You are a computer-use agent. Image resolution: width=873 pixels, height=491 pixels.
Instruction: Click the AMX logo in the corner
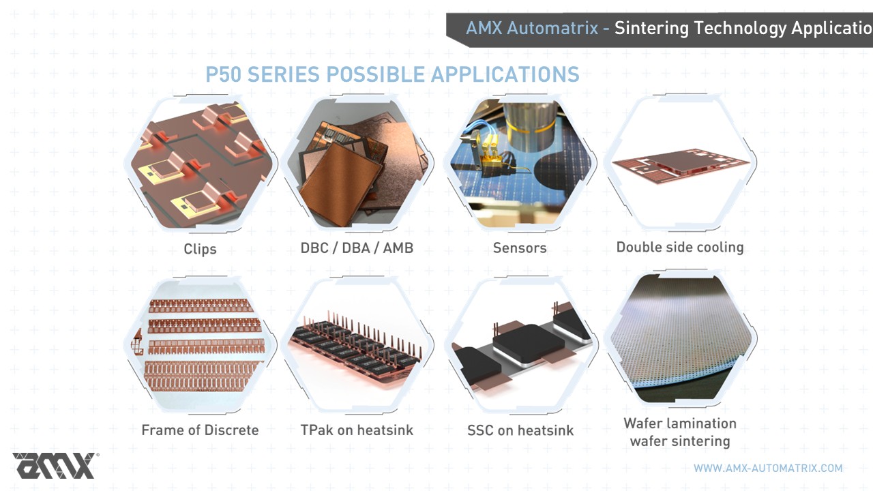point(55,466)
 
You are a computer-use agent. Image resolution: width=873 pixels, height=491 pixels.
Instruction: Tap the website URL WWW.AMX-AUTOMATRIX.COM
point(768,468)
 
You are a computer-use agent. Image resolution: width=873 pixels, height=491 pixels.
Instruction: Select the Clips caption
point(200,249)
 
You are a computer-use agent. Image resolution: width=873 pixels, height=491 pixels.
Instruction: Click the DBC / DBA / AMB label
point(357,248)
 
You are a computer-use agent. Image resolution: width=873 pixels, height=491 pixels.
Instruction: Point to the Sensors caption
point(520,248)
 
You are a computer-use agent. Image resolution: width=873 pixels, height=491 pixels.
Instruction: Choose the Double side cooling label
point(680,247)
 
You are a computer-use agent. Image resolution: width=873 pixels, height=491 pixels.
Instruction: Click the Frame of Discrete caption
point(200,430)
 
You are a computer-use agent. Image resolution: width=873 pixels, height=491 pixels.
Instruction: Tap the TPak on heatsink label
point(357,430)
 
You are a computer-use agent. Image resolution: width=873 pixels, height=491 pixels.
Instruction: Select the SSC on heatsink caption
point(520,430)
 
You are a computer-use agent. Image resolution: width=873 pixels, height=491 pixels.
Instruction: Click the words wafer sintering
point(680,441)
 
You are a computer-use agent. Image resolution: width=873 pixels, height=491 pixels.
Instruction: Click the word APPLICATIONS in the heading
point(505,74)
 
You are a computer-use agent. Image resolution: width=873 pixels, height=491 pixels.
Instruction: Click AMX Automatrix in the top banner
point(532,28)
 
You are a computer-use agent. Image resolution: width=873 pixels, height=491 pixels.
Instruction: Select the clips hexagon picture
point(201,164)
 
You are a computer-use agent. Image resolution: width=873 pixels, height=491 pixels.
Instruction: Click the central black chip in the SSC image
point(528,344)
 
